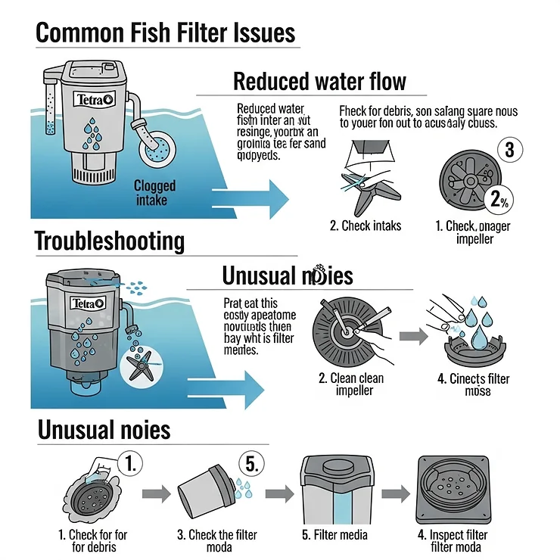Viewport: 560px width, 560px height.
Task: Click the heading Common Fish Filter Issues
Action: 165,33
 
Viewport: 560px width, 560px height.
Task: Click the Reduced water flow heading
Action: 319,81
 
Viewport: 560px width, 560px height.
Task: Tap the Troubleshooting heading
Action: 110,241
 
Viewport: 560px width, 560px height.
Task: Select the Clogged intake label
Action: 154,192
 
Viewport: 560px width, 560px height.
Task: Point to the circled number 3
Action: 509,150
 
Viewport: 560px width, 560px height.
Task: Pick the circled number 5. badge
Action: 253,463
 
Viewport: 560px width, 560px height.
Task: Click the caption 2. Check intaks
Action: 366,226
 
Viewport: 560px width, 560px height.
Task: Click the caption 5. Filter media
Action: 334,535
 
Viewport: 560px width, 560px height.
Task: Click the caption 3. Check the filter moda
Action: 218,541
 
